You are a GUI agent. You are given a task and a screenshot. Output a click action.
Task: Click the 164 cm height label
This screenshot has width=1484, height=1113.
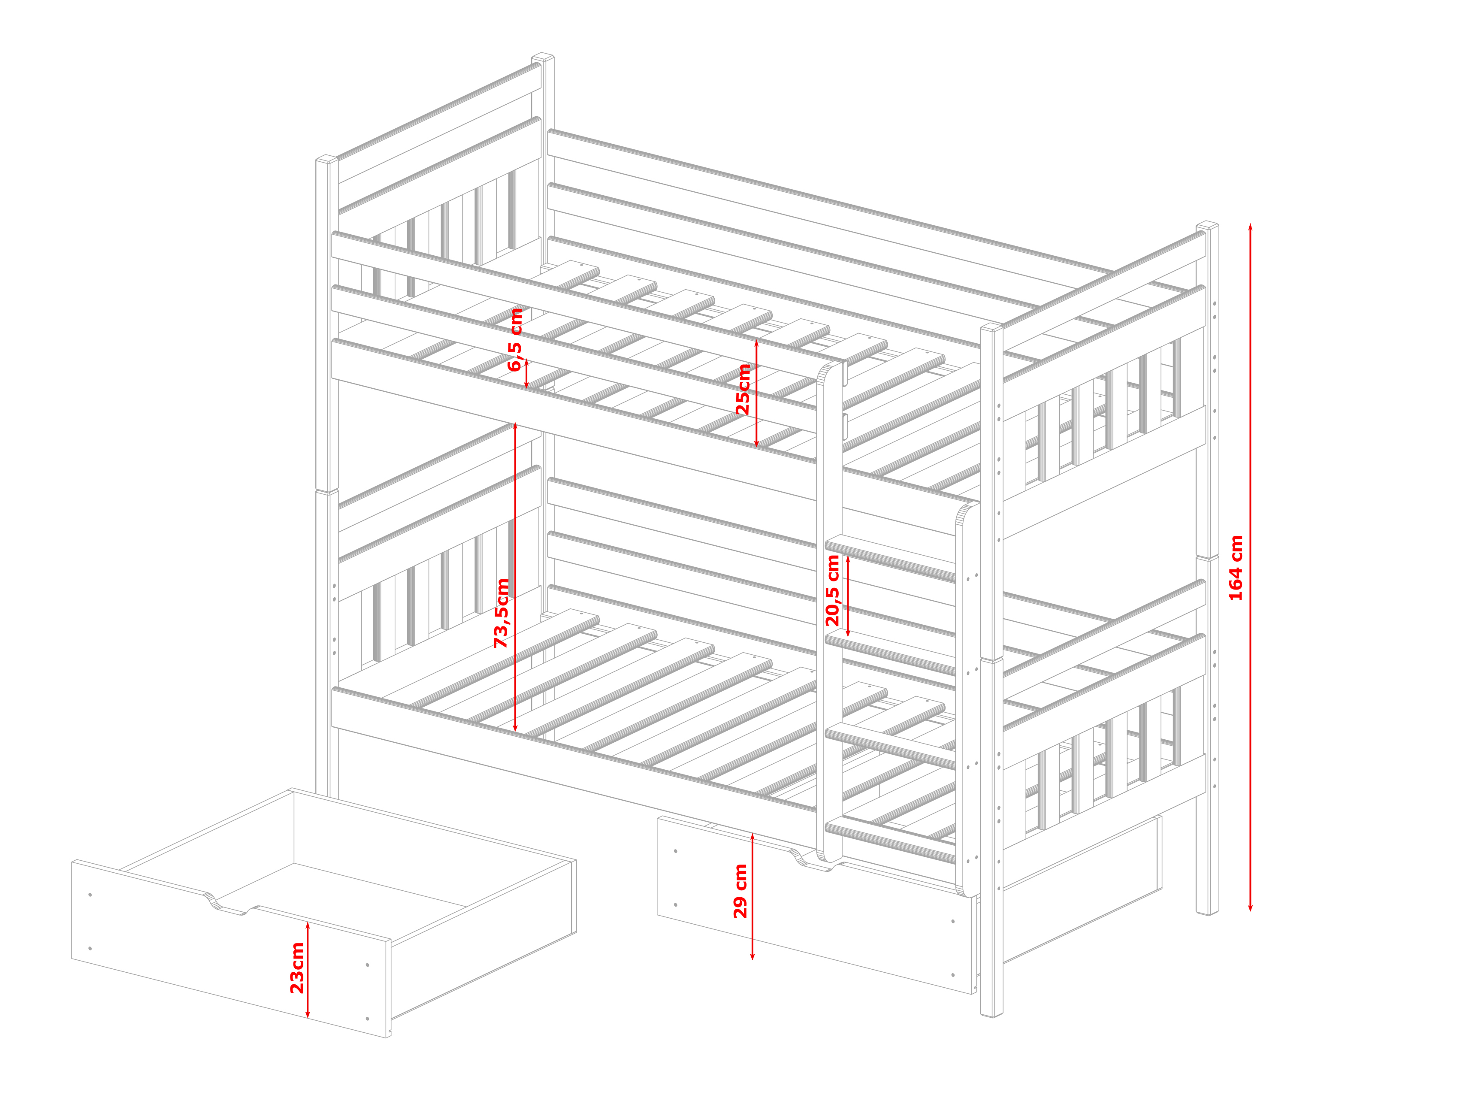click(1236, 568)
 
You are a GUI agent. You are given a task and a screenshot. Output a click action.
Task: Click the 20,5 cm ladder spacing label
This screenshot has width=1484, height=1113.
click(833, 591)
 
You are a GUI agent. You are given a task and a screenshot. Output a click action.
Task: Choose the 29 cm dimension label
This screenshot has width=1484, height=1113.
click(740, 891)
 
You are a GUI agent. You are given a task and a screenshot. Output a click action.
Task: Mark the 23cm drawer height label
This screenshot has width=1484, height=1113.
click(296, 968)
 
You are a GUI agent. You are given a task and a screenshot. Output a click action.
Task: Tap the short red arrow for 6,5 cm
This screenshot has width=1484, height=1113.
click(527, 374)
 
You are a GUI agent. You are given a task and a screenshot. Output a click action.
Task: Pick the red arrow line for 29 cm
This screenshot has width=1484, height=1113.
click(753, 896)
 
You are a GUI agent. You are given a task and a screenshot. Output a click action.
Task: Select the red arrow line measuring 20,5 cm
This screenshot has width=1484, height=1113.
click(848, 596)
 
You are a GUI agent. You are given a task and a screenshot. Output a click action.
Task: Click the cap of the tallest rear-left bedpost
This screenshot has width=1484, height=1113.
click(543, 56)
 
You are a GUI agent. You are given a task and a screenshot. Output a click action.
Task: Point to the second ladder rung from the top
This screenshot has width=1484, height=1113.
click(890, 652)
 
